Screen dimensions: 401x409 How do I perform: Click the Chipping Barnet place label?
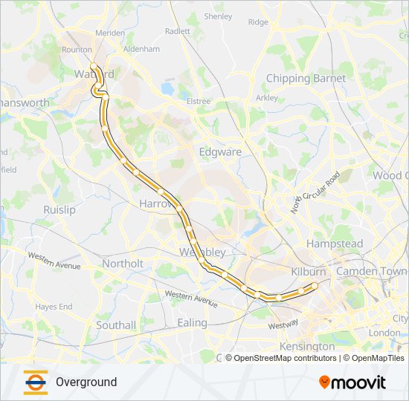(306, 78)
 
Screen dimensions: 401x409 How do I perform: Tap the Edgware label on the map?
(220, 151)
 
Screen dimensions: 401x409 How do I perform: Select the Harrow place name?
(155, 203)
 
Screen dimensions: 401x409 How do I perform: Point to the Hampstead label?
(335, 244)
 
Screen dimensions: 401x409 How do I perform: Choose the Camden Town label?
(371, 272)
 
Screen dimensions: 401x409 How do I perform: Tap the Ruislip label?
(59, 209)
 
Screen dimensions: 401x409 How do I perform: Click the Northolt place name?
(123, 263)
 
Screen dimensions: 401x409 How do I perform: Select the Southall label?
(116, 325)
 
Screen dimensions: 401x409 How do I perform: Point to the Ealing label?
(192, 322)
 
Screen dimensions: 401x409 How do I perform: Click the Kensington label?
(307, 346)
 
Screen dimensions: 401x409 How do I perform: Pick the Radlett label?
(178, 31)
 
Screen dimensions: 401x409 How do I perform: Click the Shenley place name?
(218, 16)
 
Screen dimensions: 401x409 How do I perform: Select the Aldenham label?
(142, 49)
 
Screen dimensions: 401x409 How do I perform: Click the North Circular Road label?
(315, 192)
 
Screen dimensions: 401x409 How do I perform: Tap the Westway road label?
(283, 325)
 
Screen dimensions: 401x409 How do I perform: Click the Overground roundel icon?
(35, 382)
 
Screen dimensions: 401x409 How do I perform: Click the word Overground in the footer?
(86, 382)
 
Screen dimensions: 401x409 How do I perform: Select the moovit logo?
(352, 382)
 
